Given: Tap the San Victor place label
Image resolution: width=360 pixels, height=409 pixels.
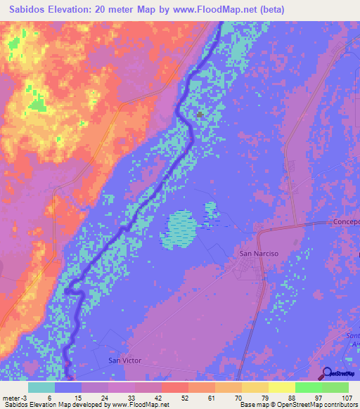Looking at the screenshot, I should point(124,361).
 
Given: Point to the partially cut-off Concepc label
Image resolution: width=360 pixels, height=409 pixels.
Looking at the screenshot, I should point(345,222).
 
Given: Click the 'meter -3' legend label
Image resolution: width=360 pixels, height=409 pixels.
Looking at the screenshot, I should point(15,398).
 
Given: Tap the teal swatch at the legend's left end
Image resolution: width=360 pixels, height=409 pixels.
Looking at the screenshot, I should point(41,387).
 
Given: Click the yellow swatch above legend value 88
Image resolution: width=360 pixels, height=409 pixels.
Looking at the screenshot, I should point(281,387).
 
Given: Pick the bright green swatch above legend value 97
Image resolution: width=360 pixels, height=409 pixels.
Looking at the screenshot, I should point(308,387).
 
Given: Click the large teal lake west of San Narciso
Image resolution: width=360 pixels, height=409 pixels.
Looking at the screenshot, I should point(179,230).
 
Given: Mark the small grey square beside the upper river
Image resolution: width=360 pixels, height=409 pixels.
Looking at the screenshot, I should point(200,115).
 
